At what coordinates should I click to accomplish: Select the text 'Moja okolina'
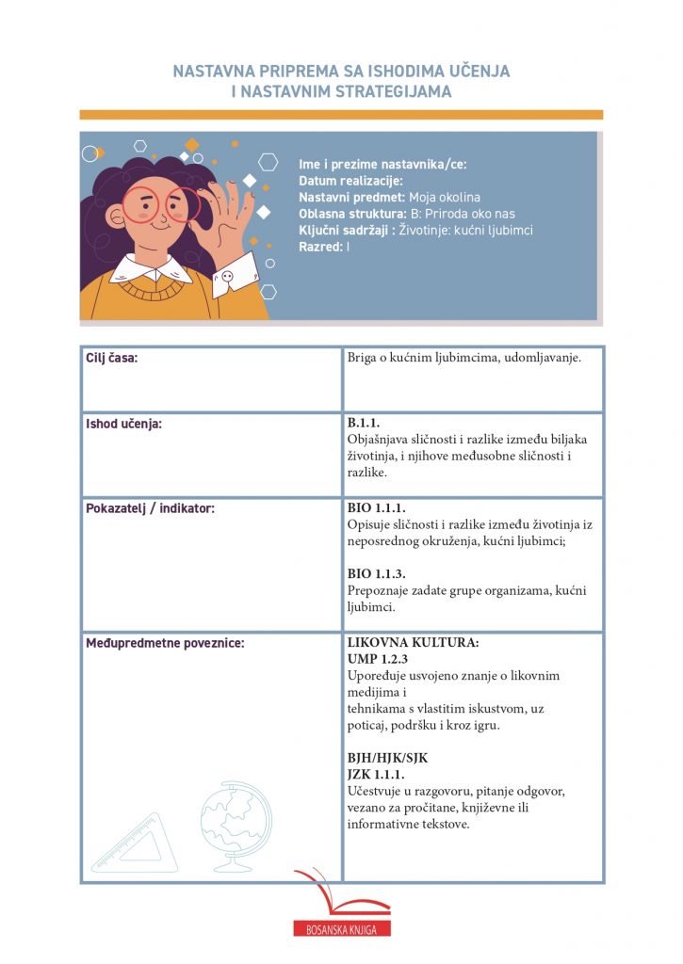click(x=445, y=197)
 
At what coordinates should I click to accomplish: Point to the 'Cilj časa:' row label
click(x=112, y=358)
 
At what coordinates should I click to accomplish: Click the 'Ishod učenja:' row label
click(x=123, y=424)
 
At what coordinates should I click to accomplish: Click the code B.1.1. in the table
click(x=364, y=423)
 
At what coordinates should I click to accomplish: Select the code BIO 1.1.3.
click(x=377, y=573)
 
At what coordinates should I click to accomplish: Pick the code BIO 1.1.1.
click(x=377, y=507)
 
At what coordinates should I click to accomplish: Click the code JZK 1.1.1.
click(x=376, y=774)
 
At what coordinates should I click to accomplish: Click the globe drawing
click(x=234, y=826)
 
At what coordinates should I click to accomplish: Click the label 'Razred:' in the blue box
click(x=321, y=246)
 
